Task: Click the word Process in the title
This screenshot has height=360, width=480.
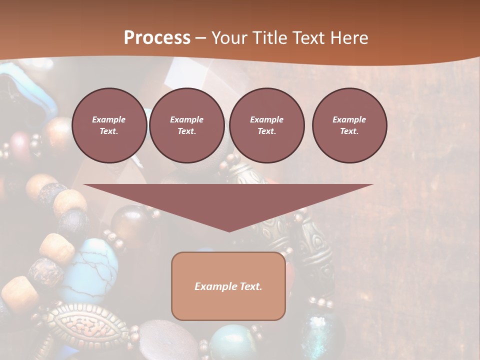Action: click(x=157, y=38)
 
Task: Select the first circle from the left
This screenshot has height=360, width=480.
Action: click(x=109, y=125)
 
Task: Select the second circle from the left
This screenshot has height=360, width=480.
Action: click(x=186, y=125)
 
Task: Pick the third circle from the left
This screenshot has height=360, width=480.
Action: click(x=266, y=125)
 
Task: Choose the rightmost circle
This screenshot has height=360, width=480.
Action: click(x=349, y=125)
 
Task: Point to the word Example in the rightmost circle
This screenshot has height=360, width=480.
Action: click(x=349, y=119)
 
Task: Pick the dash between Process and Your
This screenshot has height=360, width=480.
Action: click(x=200, y=38)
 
